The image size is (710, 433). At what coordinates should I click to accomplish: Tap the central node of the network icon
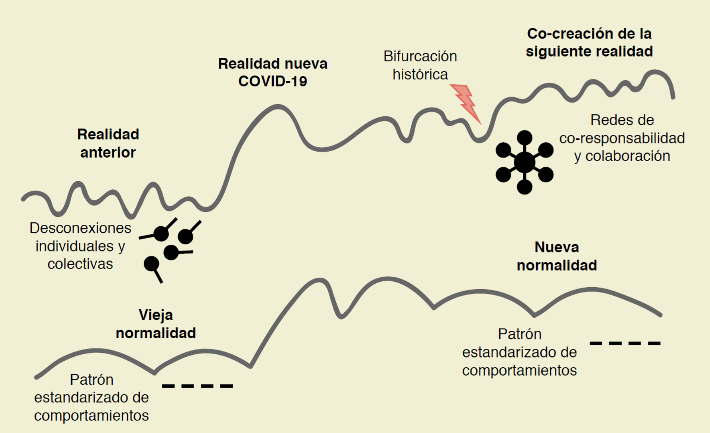524,162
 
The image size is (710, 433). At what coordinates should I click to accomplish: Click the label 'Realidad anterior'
108,143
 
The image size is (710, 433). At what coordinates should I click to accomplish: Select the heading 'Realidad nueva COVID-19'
273,72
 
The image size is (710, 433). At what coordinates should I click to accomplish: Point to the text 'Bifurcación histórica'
420,65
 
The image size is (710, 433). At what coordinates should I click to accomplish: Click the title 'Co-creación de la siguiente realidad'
589,42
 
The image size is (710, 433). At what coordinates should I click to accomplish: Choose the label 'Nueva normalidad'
557,256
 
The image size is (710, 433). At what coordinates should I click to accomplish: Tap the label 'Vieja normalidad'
156,324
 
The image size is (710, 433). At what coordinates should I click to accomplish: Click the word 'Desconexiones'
81,228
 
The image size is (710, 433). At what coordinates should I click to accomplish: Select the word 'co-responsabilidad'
622,138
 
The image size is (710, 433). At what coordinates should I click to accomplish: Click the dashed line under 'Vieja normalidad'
198,386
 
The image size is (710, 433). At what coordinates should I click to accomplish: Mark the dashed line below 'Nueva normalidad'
625,343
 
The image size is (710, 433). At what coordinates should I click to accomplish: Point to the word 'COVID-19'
273,81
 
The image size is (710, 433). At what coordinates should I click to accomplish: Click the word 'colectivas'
80,264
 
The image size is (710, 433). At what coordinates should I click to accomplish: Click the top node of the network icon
524,138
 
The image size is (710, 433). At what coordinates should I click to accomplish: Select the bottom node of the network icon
524,187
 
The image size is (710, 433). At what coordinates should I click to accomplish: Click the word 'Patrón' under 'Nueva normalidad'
520,334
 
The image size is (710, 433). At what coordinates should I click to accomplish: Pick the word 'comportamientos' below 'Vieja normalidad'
91,415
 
